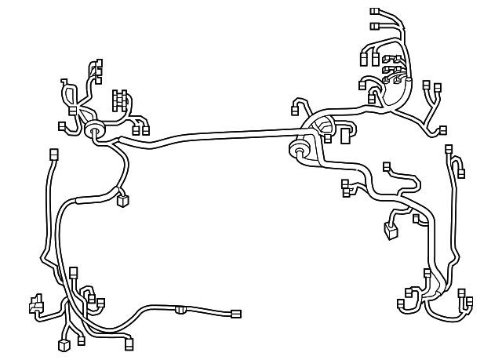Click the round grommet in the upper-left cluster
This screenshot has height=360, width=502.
point(96,130)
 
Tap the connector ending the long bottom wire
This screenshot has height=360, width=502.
point(235,314)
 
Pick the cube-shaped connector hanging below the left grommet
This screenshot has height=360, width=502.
point(122,202)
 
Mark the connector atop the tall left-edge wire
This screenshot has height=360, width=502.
point(54,154)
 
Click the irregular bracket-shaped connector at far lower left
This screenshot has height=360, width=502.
point(35,303)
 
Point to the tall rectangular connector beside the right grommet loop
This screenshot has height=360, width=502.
point(345,136)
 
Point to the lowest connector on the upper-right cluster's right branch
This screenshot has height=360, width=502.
point(443,129)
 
